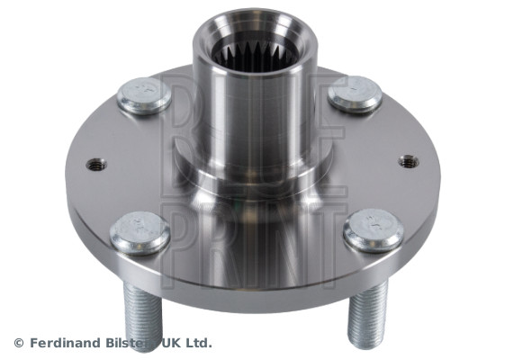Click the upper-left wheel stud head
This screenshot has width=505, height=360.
click(x=144, y=95)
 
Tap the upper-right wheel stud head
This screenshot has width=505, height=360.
click(x=355, y=94)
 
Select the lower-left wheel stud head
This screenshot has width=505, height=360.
click(x=140, y=233)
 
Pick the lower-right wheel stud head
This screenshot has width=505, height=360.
click(x=374, y=230)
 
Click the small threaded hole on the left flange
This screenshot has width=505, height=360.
click(x=96, y=166)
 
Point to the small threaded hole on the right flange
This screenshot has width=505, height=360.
click(x=409, y=161)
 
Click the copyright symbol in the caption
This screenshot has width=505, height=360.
click(x=19, y=343)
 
